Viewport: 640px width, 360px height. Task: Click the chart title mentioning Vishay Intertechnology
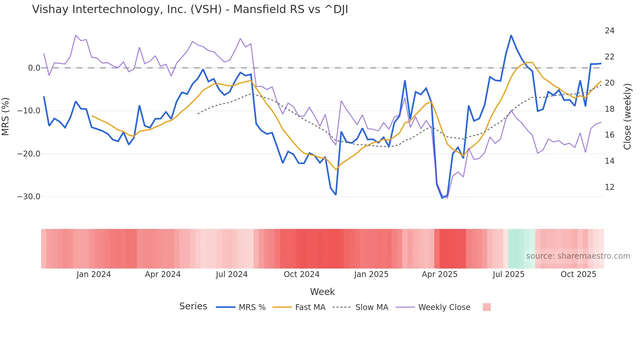[x=190, y=9]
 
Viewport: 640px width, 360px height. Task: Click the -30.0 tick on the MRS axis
[x=29, y=197]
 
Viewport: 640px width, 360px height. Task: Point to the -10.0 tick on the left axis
[x=29, y=111]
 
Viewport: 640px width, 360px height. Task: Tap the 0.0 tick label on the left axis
[x=34, y=68]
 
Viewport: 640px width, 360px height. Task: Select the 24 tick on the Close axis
[x=609, y=31]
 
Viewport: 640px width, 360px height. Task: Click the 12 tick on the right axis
[x=609, y=187]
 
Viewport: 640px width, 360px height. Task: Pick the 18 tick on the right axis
[x=609, y=109]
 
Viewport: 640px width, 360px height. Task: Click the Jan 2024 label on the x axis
[x=94, y=274]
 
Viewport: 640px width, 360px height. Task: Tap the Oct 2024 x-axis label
[x=301, y=274]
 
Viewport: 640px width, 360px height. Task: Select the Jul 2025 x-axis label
[x=508, y=274]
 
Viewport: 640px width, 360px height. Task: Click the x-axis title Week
[x=322, y=292]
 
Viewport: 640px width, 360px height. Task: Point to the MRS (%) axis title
[x=6, y=116]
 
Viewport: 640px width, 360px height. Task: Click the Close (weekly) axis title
[x=627, y=117]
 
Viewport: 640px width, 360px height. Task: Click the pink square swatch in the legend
[x=487, y=307]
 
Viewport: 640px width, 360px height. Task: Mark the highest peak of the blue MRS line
[x=511, y=36]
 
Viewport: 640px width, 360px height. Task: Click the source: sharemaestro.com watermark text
[x=578, y=256]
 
